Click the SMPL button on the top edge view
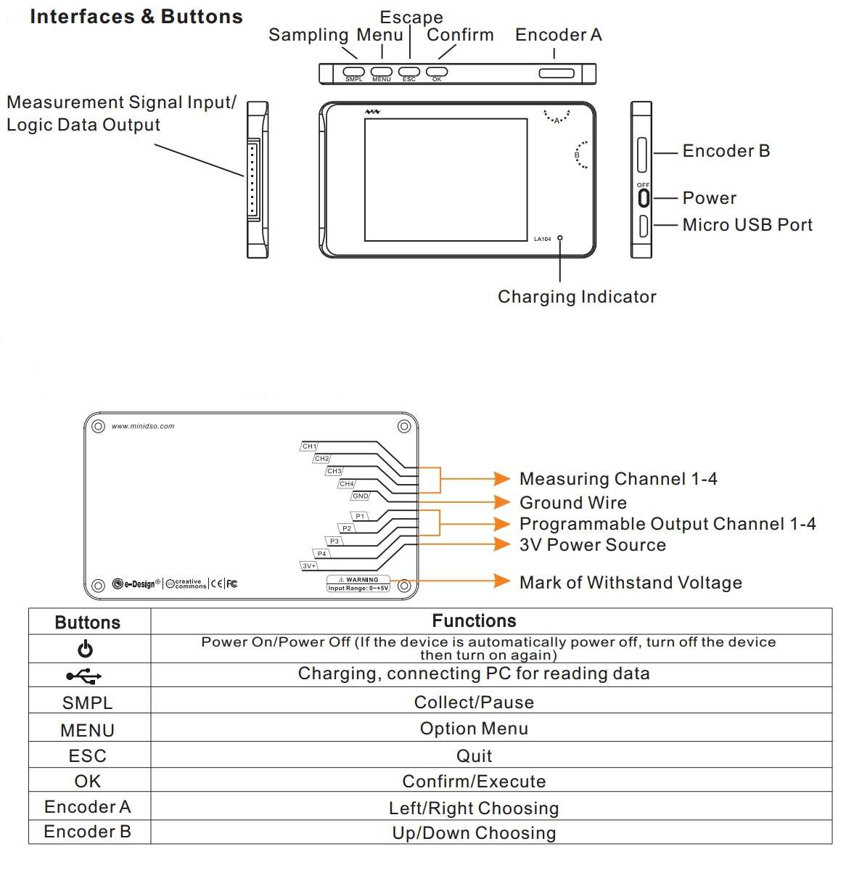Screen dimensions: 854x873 click(x=353, y=71)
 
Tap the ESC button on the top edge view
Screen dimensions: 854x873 click(x=409, y=71)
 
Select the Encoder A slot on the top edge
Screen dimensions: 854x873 click(x=557, y=73)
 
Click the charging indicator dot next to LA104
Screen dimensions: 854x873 click(x=559, y=238)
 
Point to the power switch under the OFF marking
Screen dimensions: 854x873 click(x=644, y=198)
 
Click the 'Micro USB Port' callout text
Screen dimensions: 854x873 click(x=747, y=225)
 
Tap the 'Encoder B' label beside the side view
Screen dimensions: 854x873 click(x=726, y=151)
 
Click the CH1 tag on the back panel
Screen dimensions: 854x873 click(x=309, y=446)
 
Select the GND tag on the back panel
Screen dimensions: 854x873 click(x=360, y=496)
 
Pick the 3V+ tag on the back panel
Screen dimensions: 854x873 click(x=308, y=566)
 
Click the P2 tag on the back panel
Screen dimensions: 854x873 click(x=347, y=528)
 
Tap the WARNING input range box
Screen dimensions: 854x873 click(x=358, y=583)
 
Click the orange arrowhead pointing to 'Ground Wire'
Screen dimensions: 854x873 click(x=502, y=502)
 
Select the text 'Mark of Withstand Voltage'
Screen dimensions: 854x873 click(x=631, y=582)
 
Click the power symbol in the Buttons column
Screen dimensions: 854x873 click(x=85, y=649)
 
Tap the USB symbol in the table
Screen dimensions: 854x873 click(x=84, y=676)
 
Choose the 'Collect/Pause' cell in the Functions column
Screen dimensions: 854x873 click(x=474, y=702)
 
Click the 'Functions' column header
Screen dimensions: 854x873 click(x=474, y=620)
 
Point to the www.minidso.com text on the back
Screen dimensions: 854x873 click(x=143, y=426)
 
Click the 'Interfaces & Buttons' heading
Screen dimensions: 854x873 click(x=136, y=17)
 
